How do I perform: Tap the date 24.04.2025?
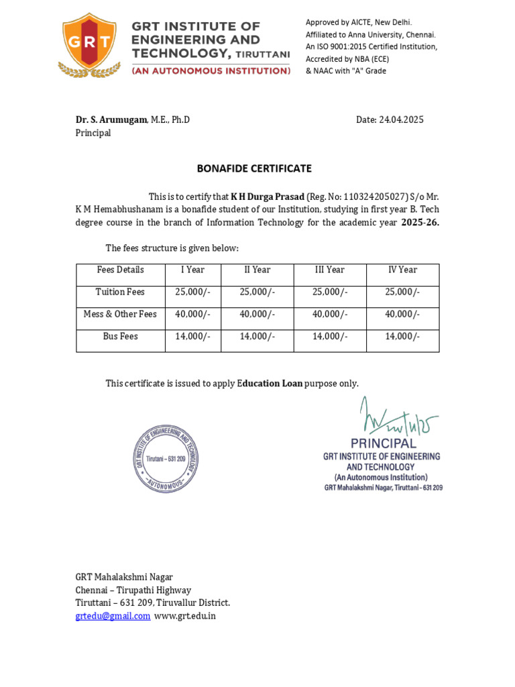[x=400, y=119]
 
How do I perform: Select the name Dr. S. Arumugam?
[x=110, y=119]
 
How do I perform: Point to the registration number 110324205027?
[x=374, y=197]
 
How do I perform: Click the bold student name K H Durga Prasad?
[x=267, y=197]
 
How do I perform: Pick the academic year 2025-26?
[x=420, y=223]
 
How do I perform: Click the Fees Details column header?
[x=121, y=270]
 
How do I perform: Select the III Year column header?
[x=329, y=270]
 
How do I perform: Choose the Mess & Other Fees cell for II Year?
[x=257, y=314]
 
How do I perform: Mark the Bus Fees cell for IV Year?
[x=402, y=336]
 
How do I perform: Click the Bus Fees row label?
[x=121, y=336]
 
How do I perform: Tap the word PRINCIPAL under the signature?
[x=383, y=443]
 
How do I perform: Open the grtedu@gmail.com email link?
[x=113, y=616]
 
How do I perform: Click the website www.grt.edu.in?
[x=185, y=616]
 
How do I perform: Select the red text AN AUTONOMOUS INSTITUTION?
[x=211, y=70]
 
